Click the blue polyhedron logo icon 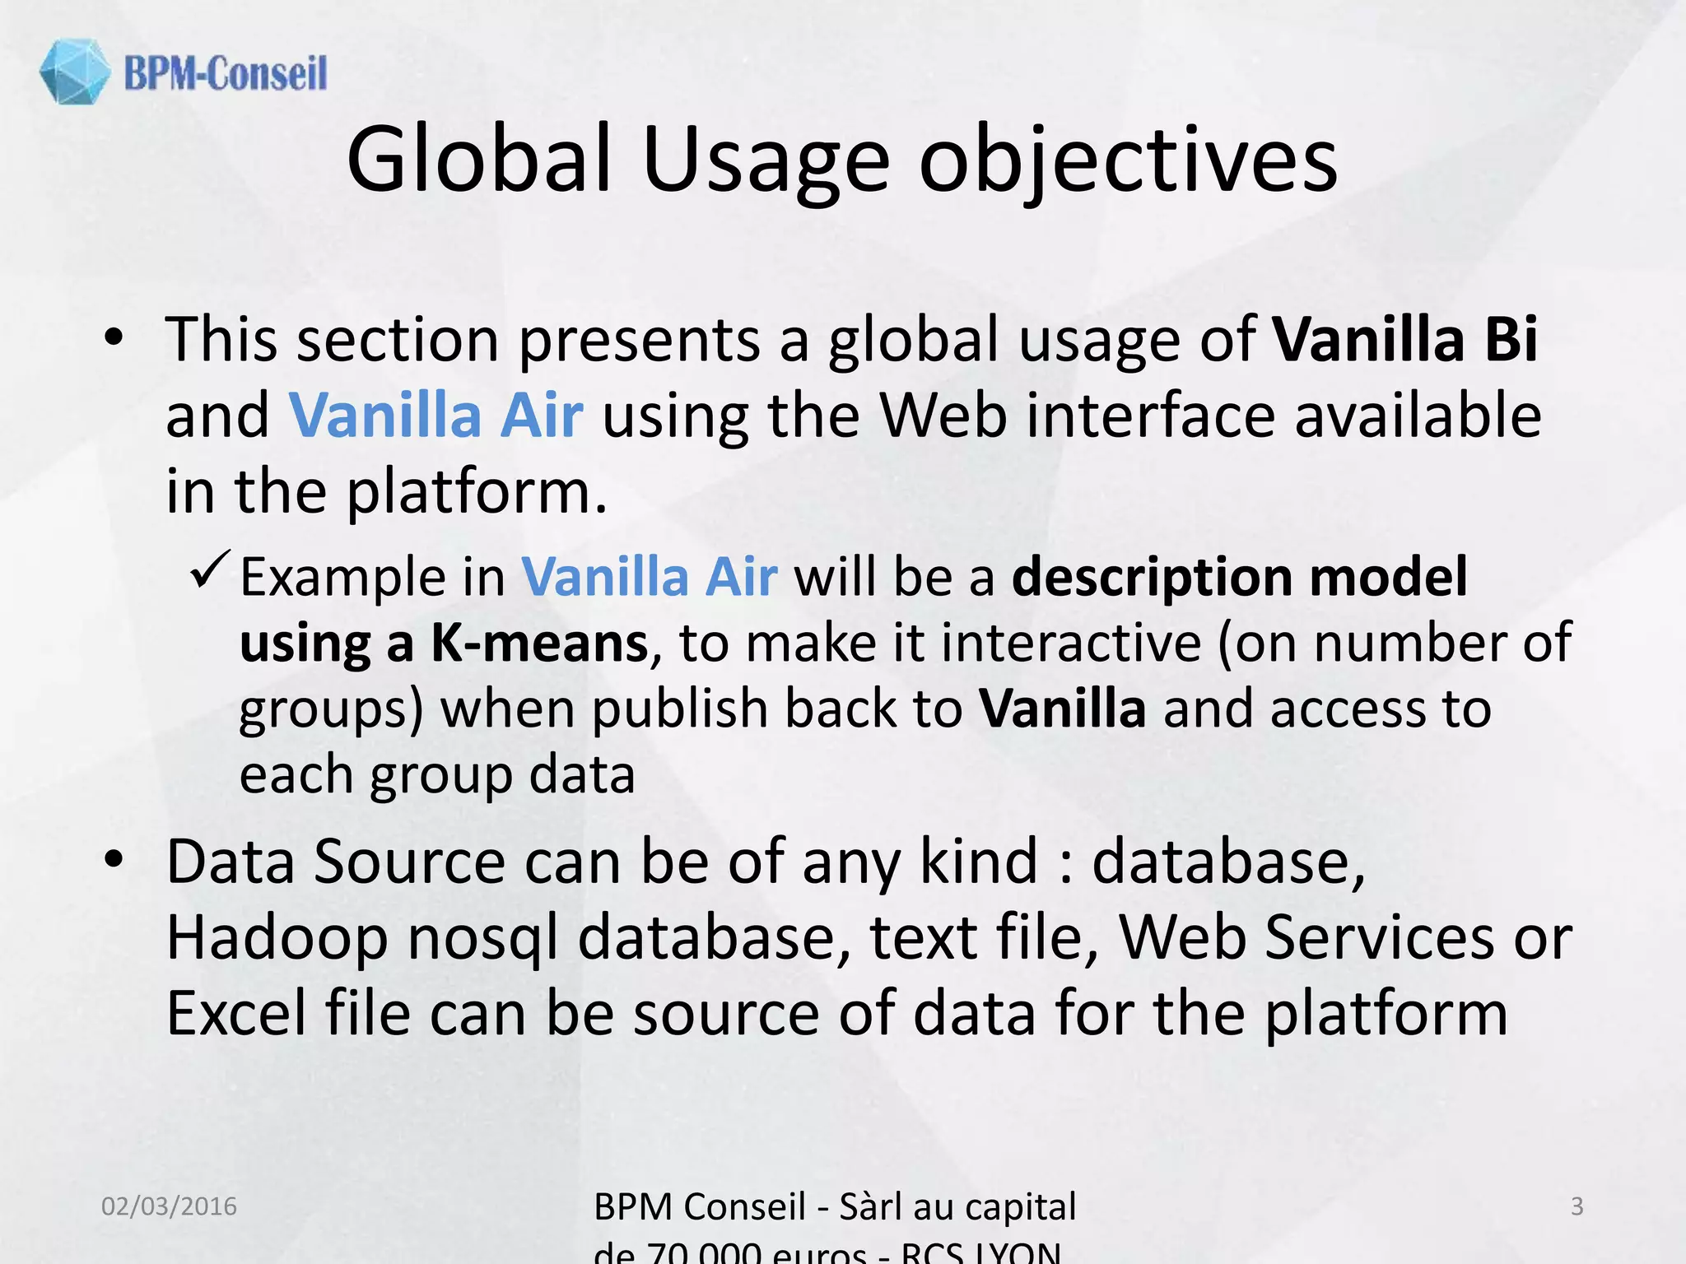click(74, 72)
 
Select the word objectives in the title click(1128, 160)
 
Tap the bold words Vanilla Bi click(1404, 339)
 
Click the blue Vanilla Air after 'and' click(435, 415)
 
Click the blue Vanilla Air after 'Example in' click(649, 576)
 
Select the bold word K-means click(540, 643)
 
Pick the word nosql click(482, 938)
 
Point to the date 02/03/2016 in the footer click(169, 1206)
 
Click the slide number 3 click(1577, 1206)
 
